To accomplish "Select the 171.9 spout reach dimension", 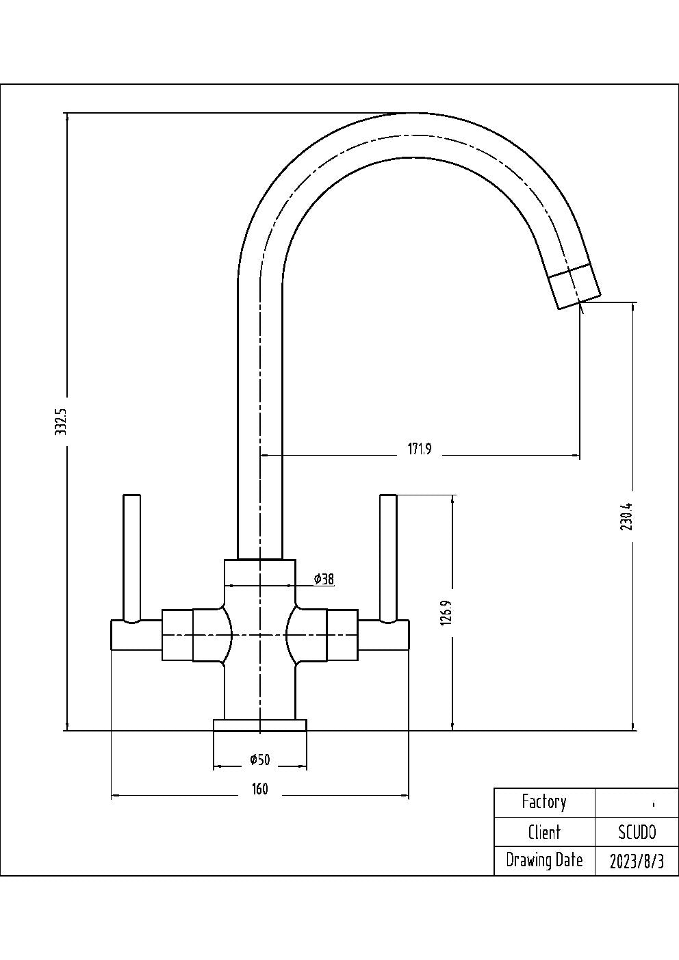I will tap(420, 449).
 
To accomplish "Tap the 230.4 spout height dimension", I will tap(628, 517).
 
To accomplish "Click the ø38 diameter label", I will tap(324, 579).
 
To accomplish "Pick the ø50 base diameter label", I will tap(260, 760).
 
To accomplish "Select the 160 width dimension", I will tap(260, 789).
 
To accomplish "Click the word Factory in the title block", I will tap(544, 802).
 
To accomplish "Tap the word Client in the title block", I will tap(544, 832).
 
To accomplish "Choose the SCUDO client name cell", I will tap(637, 832).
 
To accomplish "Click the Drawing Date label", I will tap(544, 860).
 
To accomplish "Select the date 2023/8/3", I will tap(637, 861).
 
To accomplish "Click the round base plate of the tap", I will tap(260, 725).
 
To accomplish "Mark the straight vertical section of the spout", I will tap(260, 411).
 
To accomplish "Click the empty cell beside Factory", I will tap(637, 803).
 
